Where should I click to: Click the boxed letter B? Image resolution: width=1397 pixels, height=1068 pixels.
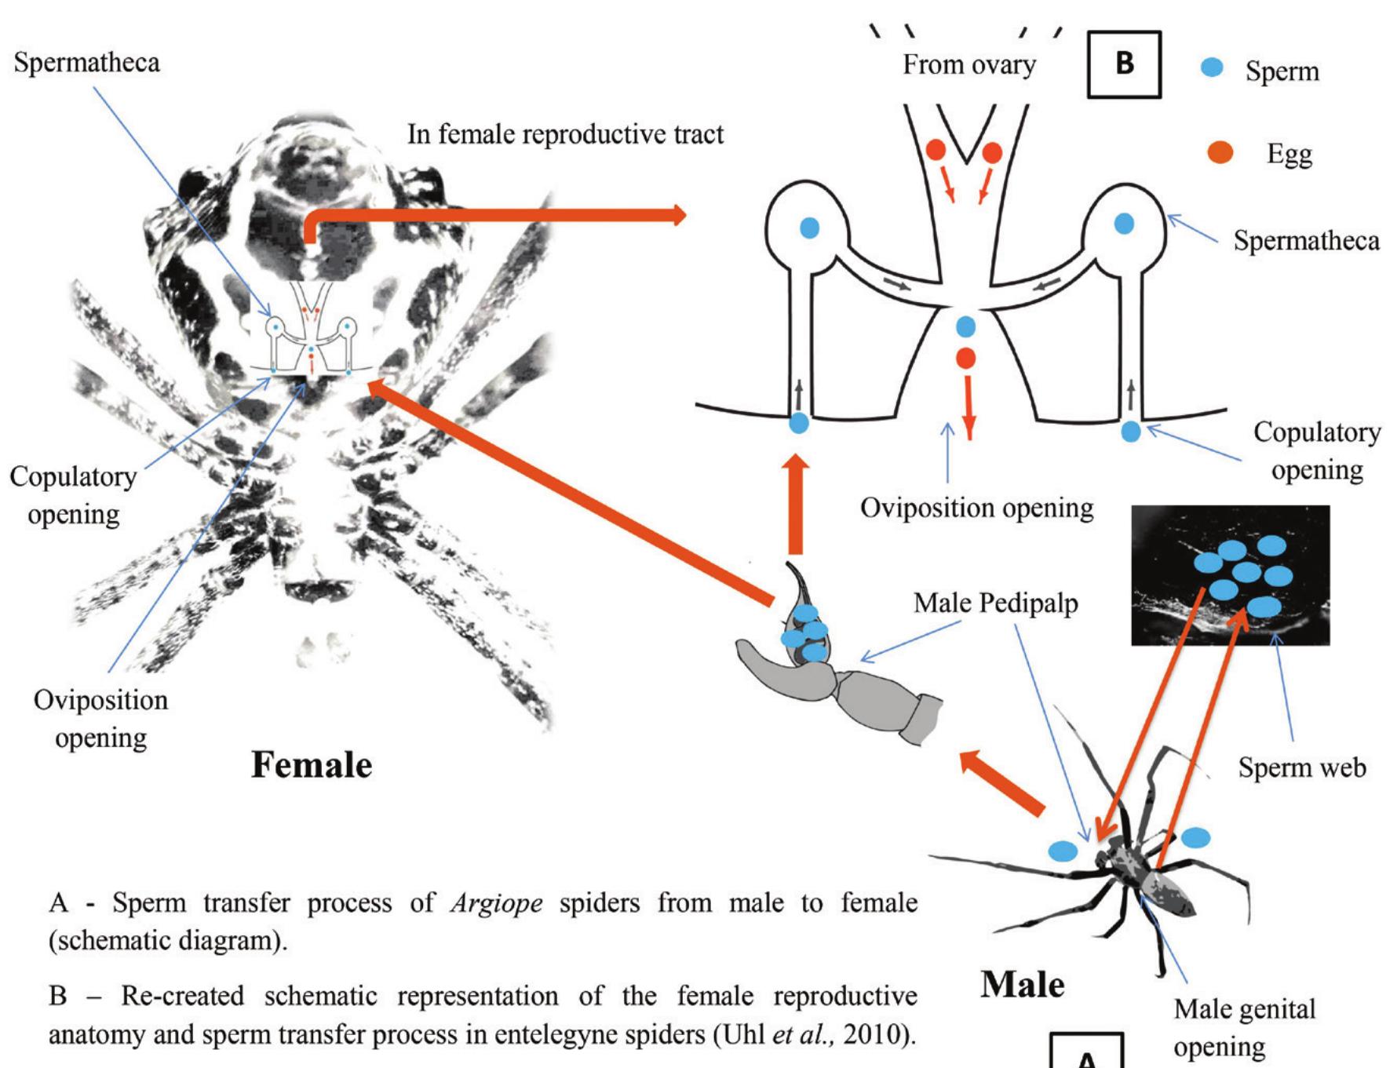[1123, 64]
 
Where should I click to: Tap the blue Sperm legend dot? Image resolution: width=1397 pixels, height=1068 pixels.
[1213, 69]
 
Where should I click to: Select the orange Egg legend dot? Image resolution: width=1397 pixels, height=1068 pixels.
[1221, 153]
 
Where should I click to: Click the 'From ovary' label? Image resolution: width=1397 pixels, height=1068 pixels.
[968, 64]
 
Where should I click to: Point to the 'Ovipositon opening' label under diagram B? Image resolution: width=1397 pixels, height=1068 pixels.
[976, 508]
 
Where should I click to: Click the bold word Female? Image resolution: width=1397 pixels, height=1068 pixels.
[312, 764]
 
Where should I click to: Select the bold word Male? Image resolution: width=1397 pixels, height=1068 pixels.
[1023, 983]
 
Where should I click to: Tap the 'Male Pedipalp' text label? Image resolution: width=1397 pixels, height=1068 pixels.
[995, 603]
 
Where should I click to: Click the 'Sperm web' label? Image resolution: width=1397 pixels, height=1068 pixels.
[1301, 767]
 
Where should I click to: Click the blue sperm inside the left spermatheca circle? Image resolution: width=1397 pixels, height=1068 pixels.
[809, 228]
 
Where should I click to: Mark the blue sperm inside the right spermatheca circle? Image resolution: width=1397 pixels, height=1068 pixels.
[1124, 224]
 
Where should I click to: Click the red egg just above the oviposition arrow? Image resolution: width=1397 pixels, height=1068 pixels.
[966, 359]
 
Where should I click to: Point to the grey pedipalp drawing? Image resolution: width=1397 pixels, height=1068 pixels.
[848, 691]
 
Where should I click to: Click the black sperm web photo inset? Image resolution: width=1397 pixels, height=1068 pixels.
[1229, 575]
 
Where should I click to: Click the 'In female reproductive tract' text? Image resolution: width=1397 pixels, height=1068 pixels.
[565, 135]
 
